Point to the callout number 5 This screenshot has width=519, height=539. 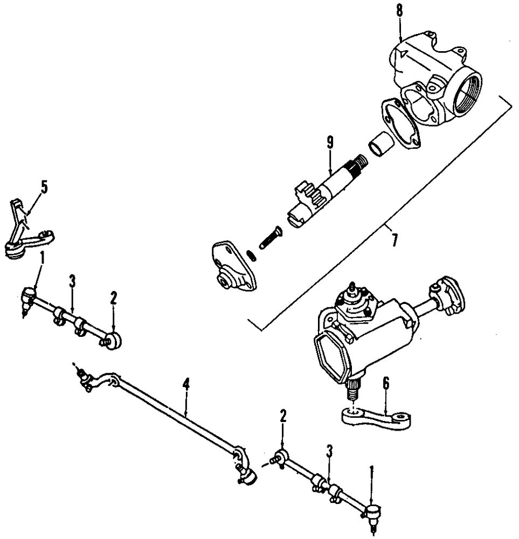44,187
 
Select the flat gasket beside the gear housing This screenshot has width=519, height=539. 401,123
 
